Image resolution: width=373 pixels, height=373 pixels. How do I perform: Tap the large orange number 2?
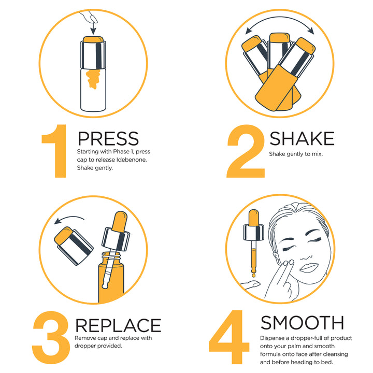click(246, 151)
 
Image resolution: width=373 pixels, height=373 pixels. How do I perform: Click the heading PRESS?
click(108, 138)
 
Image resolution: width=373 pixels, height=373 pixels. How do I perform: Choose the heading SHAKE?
click(302, 138)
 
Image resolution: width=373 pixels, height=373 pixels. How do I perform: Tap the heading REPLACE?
click(118, 325)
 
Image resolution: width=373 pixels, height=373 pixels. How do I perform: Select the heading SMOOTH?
click(302, 322)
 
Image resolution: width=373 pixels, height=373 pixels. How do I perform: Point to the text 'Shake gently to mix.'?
click(295, 154)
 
